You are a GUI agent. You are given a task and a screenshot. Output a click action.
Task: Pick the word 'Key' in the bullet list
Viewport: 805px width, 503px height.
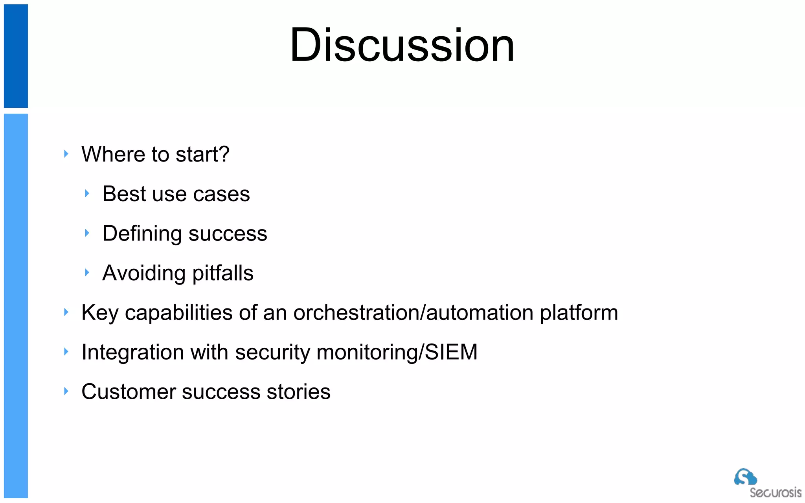click(x=100, y=313)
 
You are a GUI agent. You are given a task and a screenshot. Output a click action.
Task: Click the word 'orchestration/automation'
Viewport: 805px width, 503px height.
click(x=414, y=313)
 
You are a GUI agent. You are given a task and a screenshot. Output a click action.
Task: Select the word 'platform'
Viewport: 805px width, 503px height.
click(x=579, y=313)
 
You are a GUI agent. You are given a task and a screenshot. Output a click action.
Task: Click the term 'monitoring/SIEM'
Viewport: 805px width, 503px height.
click(x=397, y=352)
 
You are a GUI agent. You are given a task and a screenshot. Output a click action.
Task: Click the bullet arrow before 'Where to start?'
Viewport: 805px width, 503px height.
click(x=66, y=154)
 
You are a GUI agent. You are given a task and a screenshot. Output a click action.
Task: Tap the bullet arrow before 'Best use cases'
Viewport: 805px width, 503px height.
click(x=87, y=193)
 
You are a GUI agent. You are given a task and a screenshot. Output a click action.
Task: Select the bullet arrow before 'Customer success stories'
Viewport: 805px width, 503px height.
click(x=66, y=391)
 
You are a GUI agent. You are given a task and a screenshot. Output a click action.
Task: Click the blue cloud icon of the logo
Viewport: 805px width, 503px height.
click(x=745, y=477)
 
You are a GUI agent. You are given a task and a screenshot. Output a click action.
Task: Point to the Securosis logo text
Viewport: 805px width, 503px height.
click(x=775, y=493)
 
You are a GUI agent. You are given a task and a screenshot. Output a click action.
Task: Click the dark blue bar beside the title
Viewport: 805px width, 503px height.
click(x=16, y=56)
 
